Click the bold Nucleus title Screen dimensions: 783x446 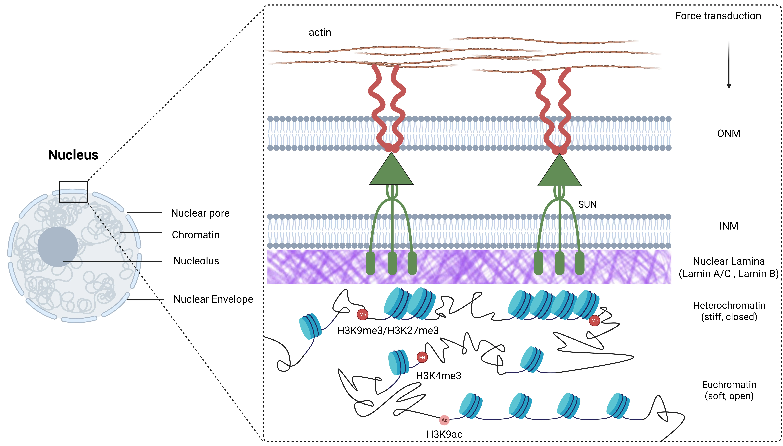tap(73, 155)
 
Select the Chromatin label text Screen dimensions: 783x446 tap(196, 235)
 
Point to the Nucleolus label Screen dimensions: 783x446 tap(196, 261)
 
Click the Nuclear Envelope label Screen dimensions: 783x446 tap(213, 299)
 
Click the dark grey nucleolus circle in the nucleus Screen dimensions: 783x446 tap(58, 247)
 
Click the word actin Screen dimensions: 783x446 tap(320, 32)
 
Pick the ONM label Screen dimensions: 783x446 tap(729, 134)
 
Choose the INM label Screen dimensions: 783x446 tap(729, 226)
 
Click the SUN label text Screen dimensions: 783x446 tap(587, 204)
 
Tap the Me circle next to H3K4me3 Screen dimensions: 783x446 tap(422, 357)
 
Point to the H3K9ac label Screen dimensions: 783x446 tap(444, 434)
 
